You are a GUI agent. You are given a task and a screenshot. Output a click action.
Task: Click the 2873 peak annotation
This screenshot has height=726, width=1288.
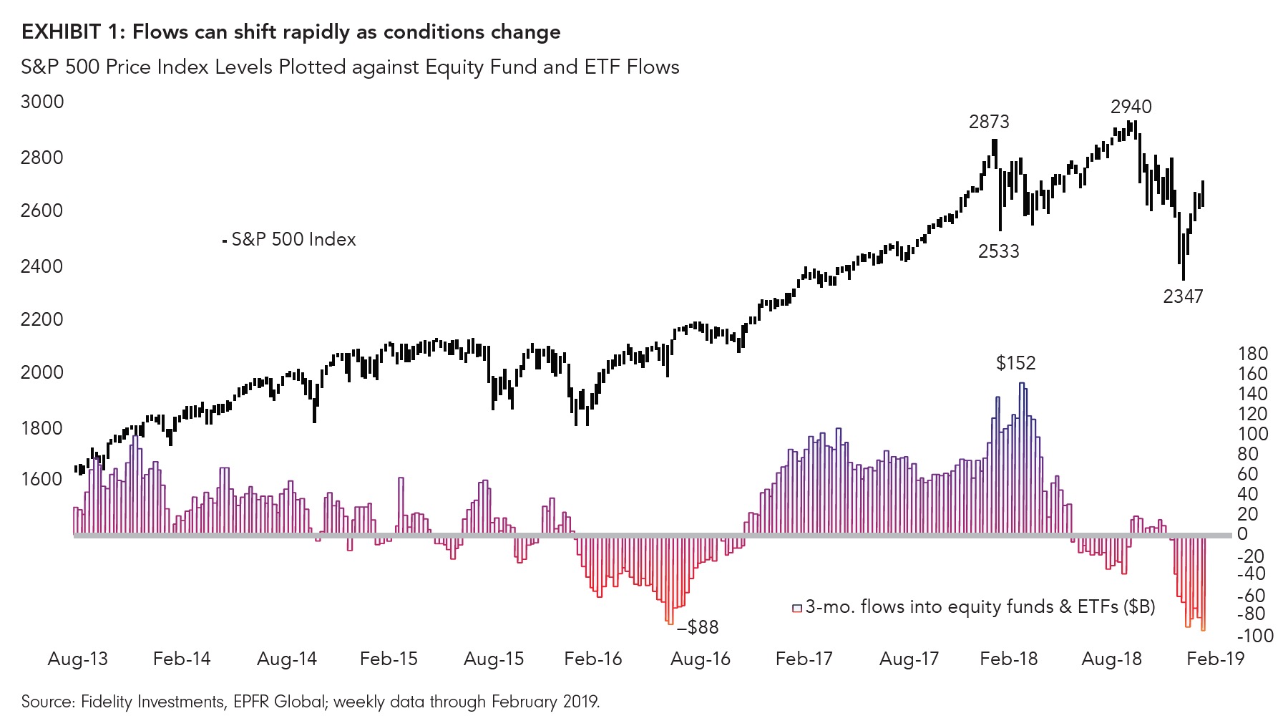[x=989, y=122]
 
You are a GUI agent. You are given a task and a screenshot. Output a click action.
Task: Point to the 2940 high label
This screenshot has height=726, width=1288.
[x=1131, y=107]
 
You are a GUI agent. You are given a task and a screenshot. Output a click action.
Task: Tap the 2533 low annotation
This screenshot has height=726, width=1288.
[x=998, y=251]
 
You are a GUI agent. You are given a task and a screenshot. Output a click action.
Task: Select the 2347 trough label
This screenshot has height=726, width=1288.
[x=1183, y=296]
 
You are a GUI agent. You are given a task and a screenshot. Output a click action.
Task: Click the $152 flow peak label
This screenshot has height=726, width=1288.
[x=1015, y=363]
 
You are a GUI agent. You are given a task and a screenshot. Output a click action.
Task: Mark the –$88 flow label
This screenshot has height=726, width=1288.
[x=698, y=627]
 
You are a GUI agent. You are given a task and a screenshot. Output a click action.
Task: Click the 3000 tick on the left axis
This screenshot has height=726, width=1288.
[x=42, y=102]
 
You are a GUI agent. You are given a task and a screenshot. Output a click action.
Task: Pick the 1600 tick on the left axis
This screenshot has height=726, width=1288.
[x=42, y=479]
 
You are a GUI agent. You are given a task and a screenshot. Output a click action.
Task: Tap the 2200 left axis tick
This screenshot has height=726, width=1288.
[x=42, y=319]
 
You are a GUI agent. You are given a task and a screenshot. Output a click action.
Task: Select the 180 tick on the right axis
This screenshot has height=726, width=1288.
[x=1252, y=354]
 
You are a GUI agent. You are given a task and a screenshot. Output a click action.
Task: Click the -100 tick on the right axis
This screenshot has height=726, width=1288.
[x=1254, y=636]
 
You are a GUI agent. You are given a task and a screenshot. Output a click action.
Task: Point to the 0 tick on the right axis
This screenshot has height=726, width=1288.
[x=1242, y=534]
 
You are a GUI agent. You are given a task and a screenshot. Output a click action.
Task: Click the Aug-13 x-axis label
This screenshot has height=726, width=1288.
[x=77, y=659]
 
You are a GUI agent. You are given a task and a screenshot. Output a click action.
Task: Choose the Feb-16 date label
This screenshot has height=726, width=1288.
[x=592, y=659]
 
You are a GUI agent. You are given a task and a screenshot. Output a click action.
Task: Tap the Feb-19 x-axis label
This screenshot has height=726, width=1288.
[x=1215, y=659]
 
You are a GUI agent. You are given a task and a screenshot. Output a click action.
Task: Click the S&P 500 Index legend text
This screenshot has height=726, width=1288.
[x=293, y=239]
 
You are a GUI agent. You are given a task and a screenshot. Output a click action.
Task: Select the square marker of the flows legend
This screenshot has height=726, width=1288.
[x=796, y=608]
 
